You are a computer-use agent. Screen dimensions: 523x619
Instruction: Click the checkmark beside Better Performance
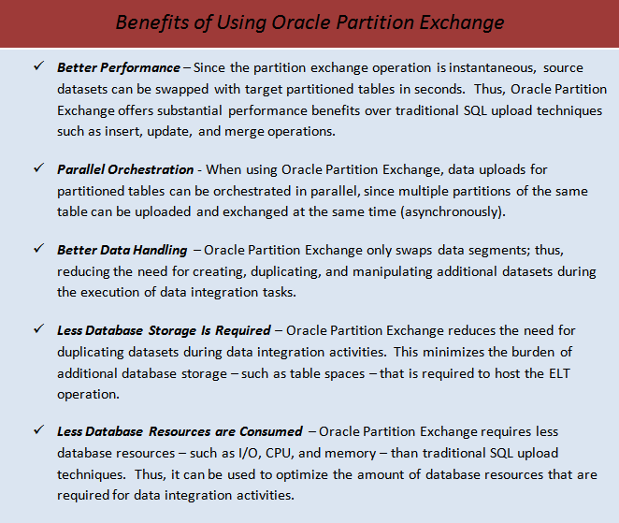(37, 67)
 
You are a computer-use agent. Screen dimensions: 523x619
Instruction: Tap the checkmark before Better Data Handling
(37, 250)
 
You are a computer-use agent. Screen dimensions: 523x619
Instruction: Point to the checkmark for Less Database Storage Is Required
(37, 330)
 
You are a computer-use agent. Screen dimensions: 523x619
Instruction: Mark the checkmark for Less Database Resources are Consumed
(37, 431)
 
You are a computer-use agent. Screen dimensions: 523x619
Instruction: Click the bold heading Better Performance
(119, 68)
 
